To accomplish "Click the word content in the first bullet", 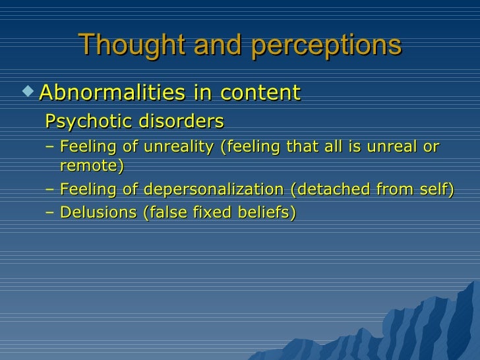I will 262,92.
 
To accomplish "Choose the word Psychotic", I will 84,122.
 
